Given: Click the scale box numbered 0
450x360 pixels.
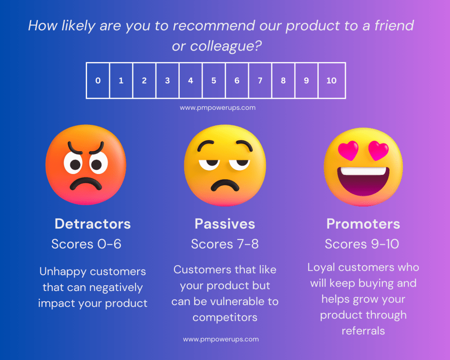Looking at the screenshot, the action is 98,80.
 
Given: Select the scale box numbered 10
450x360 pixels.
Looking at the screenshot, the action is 332,80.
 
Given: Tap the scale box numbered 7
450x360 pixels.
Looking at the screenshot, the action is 260,80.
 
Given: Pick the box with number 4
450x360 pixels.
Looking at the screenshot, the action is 191,80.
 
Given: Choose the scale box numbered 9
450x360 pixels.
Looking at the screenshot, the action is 306,80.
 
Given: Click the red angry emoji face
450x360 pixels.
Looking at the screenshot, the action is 86,164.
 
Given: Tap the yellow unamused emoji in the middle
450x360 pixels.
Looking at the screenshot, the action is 225,165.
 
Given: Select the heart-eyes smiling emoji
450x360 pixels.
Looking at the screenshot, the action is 363,167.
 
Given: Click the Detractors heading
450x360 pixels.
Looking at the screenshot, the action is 93,224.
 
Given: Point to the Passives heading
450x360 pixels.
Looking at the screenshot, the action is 225,224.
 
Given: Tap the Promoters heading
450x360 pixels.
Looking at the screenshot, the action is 363,224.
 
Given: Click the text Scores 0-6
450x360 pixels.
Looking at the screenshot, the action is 87,244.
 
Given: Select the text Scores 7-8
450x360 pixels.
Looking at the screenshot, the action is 225,244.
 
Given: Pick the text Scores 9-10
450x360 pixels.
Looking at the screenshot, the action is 362,244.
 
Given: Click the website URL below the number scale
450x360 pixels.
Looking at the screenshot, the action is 218,108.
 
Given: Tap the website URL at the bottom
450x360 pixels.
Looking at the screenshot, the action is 221,339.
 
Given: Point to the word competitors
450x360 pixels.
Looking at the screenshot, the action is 225,317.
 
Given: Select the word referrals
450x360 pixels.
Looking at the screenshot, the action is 363,331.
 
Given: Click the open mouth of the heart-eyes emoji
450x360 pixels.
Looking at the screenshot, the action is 363,181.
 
